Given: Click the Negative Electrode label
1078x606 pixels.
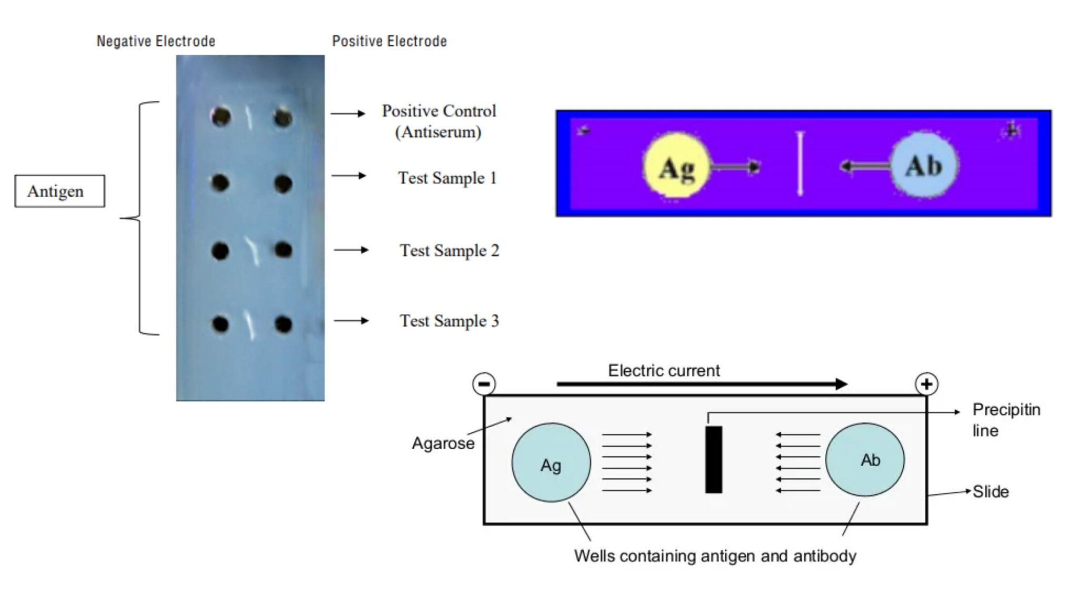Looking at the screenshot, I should [156, 41].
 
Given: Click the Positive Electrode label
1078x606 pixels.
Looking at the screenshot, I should [389, 41].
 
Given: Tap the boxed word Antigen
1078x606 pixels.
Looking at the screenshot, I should [56, 191].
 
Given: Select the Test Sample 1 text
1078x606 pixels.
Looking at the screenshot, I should [447, 178].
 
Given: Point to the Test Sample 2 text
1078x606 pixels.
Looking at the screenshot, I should [449, 250].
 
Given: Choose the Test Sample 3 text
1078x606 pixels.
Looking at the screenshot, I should [449, 321].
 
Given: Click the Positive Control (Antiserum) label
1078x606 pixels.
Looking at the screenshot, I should [438, 121].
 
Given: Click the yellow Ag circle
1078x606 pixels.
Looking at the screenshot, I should [676, 167].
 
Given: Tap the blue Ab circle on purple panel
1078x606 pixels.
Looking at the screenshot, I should [924, 166].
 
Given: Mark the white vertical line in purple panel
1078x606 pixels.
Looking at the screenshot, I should [800, 164].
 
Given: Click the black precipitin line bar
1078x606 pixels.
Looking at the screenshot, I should [714, 460].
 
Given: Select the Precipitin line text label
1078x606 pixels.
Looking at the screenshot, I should [1005, 420].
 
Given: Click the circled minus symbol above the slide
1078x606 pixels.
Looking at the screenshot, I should [484, 384].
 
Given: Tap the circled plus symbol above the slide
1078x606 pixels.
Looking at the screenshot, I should [926, 384].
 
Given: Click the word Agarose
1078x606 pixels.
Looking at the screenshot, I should [443, 443].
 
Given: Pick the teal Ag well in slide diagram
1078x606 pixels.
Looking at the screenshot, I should [551, 463].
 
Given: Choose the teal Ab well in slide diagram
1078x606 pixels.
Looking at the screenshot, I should [865, 460].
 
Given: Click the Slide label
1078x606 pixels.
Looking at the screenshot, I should [991, 492].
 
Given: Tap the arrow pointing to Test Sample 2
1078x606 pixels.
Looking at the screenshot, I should [351, 250].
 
